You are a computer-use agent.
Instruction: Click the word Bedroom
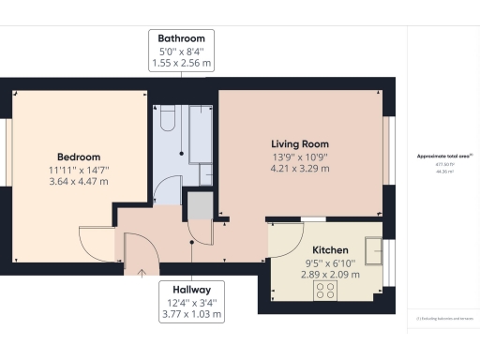click(x=79, y=157)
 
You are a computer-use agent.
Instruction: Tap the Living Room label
click(x=300, y=143)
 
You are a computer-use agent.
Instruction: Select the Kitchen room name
click(x=331, y=250)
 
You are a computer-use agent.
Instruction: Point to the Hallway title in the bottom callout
click(x=191, y=290)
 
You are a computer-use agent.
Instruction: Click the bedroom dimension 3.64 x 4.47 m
click(x=79, y=182)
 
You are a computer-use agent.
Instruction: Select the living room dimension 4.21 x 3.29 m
click(x=300, y=170)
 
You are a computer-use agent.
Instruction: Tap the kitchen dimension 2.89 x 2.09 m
click(x=331, y=277)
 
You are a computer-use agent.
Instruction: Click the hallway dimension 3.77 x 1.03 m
click(x=191, y=315)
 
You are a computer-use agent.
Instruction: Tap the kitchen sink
click(x=376, y=251)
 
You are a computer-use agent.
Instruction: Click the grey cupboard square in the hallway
click(x=200, y=204)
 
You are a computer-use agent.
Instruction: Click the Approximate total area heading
click(x=443, y=157)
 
